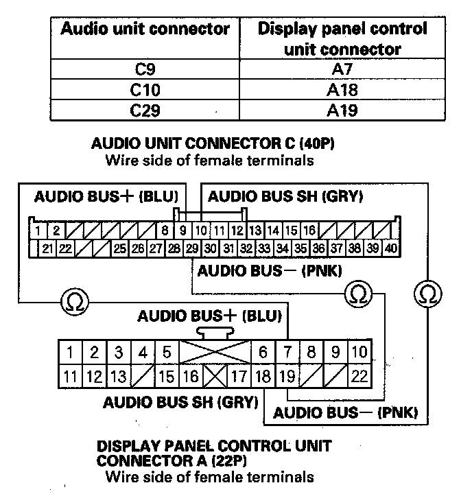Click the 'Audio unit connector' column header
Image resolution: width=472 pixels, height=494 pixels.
point(145,30)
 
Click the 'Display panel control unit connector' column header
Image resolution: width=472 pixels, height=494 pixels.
point(342,38)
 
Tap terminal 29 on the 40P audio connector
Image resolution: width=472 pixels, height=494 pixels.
point(192,248)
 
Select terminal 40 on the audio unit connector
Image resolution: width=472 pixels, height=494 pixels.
point(391,248)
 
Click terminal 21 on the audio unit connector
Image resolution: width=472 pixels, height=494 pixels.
point(48,248)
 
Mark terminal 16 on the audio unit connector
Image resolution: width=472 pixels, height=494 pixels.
point(309,231)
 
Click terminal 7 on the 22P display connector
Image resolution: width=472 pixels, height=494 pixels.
point(287,353)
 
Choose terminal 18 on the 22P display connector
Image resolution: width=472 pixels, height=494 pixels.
point(263,376)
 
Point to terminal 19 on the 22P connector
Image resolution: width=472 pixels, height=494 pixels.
point(287,376)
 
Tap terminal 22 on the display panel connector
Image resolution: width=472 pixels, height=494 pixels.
point(359,376)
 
